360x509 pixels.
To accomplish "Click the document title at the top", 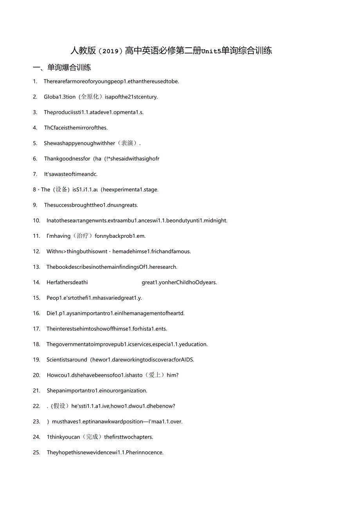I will pos(171,50).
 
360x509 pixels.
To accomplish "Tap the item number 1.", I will pos(35,81).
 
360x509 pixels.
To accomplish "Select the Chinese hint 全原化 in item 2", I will pos(90,97).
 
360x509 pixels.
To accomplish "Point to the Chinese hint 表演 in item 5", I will pos(127,143).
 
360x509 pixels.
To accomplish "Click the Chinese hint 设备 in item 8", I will pos(61,189).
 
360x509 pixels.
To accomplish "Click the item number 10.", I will pos(36,220).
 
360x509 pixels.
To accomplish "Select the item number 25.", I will pos(36,452).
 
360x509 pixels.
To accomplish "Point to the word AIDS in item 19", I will pos(187,360).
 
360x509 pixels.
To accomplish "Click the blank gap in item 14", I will pos(115,282).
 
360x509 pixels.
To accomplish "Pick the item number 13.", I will pos(36,267).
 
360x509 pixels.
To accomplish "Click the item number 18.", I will pos(36,344).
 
